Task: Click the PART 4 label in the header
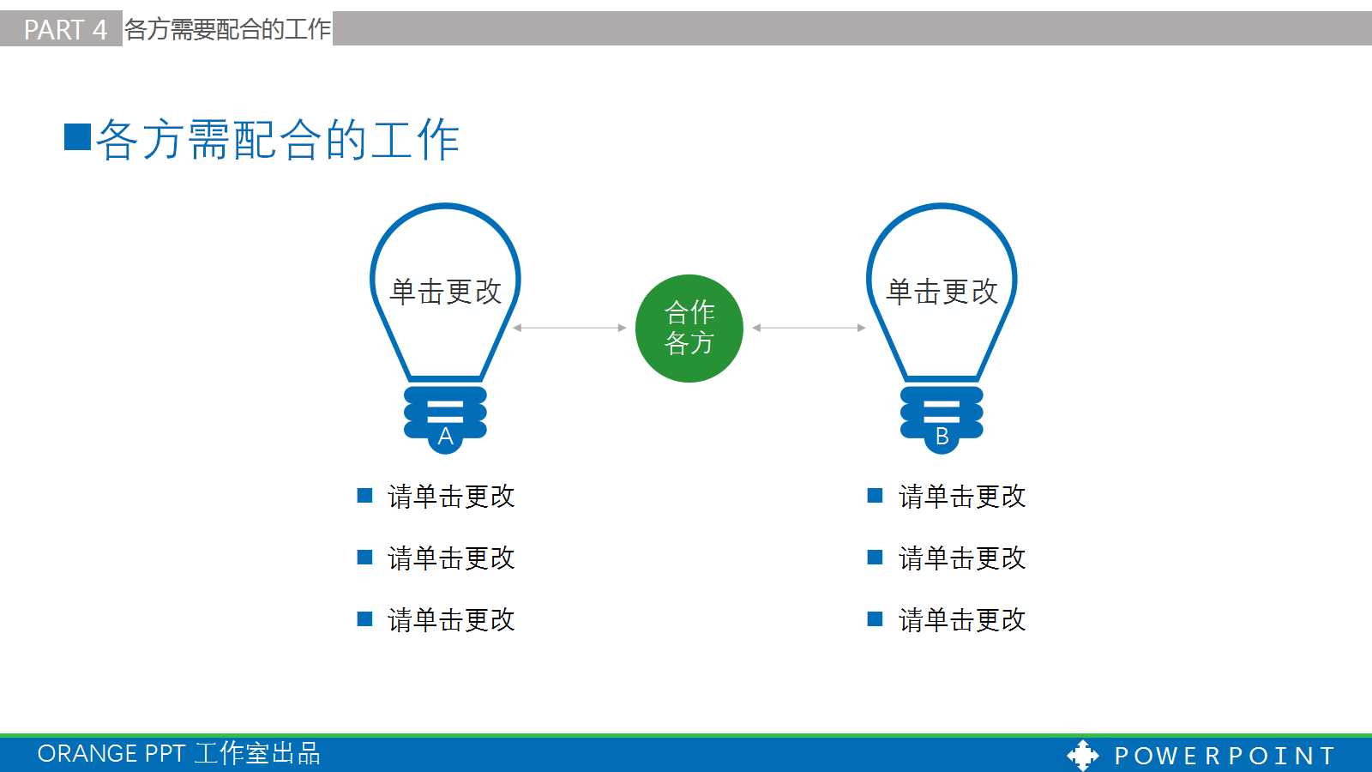(x=64, y=29)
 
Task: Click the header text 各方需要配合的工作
(x=227, y=29)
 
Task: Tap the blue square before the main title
(x=78, y=137)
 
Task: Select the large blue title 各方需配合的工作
(x=278, y=140)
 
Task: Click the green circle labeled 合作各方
(x=689, y=328)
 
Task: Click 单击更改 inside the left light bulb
(x=445, y=292)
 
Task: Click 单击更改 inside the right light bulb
(x=942, y=292)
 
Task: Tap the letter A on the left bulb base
(x=445, y=437)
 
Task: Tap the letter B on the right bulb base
(x=942, y=437)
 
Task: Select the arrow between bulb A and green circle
(x=569, y=328)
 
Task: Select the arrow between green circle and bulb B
(x=809, y=328)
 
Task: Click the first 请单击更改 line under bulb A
(x=451, y=496)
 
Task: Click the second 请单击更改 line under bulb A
(x=451, y=558)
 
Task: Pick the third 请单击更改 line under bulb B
(x=961, y=619)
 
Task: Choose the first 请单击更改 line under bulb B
(x=961, y=496)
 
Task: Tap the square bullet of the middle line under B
(x=875, y=558)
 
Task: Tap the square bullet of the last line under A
(x=364, y=619)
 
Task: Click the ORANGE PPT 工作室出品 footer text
(x=178, y=753)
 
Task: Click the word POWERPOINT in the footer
(x=1225, y=756)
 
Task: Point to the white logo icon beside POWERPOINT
(x=1082, y=755)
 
